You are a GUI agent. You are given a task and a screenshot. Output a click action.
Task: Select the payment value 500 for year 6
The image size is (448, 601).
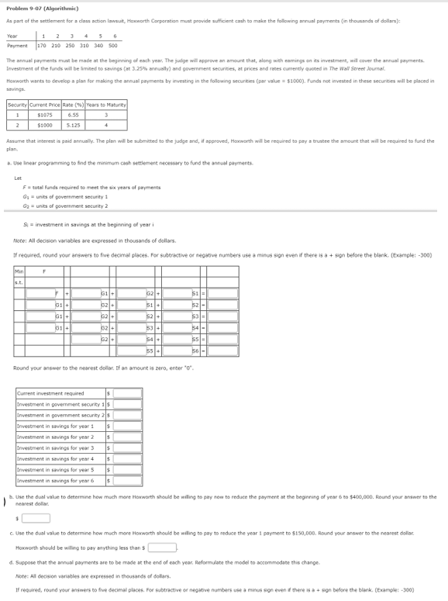114,45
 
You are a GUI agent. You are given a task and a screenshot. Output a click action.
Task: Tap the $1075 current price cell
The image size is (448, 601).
45,115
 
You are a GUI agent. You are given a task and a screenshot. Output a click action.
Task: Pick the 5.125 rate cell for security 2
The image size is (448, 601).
74,124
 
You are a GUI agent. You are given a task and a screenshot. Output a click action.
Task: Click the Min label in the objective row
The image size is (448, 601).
19,271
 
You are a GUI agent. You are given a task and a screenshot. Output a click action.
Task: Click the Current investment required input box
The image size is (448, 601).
128,393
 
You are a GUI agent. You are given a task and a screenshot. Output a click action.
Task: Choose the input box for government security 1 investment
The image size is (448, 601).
128,404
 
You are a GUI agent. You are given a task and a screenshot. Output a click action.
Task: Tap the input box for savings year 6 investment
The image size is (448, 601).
128,480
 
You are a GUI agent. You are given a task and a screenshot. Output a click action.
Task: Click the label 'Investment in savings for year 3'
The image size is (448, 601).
55,447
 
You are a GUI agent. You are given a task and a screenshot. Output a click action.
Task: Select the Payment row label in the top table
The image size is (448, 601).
18,45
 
